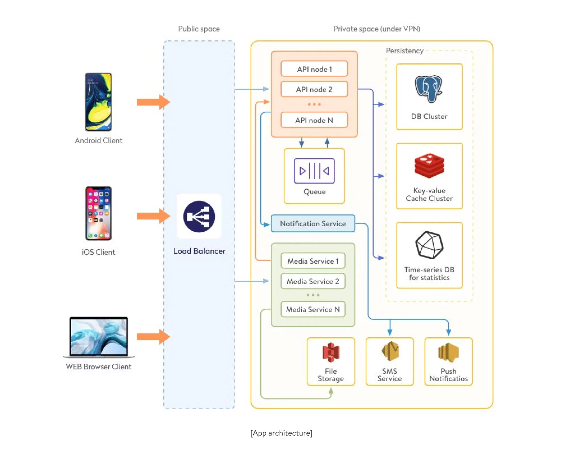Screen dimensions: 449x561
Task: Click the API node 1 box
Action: (314, 69)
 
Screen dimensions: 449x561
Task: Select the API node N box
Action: (314, 120)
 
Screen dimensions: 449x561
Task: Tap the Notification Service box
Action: (313, 224)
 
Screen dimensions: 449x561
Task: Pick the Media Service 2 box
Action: (313, 281)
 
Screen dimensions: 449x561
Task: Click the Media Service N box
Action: (313, 309)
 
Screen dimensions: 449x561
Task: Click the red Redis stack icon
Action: (429, 166)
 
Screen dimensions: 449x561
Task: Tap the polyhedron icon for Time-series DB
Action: (429, 245)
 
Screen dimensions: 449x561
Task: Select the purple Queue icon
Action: (314, 171)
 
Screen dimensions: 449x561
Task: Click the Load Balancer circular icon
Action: (199, 217)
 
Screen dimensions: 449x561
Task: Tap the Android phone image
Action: (98, 102)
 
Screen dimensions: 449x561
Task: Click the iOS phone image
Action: (98, 213)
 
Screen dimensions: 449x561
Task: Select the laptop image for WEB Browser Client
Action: (99, 337)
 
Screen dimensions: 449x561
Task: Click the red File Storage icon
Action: (331, 352)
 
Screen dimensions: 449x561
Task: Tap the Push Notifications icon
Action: (448, 352)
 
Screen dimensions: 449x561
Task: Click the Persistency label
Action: (404, 51)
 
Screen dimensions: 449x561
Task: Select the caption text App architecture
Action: (281, 433)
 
